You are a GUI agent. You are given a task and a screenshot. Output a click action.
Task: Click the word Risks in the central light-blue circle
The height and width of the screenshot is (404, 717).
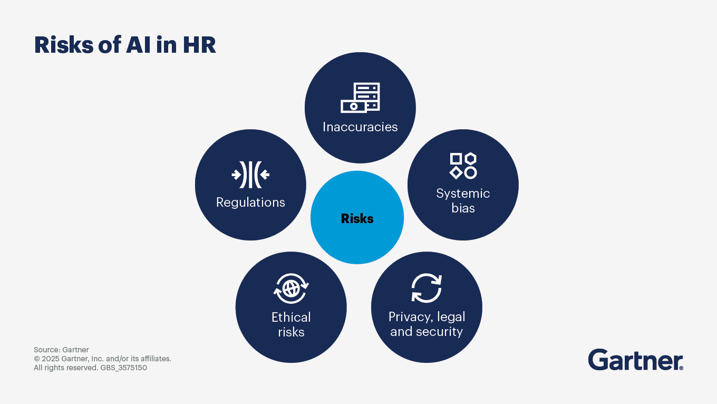[x=357, y=219]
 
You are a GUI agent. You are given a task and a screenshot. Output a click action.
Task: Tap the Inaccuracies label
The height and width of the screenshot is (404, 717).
[x=360, y=127]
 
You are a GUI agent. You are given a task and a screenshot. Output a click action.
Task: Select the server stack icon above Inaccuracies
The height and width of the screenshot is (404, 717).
[x=360, y=98]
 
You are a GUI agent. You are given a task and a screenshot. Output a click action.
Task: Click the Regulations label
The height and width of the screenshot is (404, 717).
[x=250, y=203]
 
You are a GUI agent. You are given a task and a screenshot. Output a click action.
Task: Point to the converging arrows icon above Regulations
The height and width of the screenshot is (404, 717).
[x=250, y=175]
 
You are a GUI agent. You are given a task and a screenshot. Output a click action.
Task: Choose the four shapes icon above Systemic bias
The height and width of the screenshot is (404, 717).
[x=463, y=166]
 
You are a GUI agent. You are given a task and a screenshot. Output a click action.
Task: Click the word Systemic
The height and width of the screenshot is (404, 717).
[x=463, y=194]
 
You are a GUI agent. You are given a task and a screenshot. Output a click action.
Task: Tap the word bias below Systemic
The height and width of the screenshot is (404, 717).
[x=463, y=208]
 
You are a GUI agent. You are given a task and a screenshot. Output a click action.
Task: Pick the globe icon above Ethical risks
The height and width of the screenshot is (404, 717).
[x=291, y=288]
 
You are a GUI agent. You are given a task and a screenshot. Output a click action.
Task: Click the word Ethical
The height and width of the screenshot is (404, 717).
[x=291, y=318]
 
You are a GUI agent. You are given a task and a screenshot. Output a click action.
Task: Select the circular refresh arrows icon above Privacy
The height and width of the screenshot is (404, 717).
[x=427, y=288]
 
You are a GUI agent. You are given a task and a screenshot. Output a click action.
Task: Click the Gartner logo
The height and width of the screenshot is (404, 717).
[x=636, y=360]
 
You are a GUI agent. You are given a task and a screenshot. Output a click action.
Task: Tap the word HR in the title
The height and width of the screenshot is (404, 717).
[x=199, y=45]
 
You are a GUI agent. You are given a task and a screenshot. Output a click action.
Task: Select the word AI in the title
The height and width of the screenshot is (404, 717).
[x=138, y=45]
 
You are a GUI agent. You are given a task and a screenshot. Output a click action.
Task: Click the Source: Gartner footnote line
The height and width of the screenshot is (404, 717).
[x=61, y=350]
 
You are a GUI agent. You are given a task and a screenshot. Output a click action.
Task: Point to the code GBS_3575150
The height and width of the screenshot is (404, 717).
[x=123, y=368]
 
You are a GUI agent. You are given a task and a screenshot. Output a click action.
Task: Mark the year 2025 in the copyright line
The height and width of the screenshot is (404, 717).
[x=50, y=359]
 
